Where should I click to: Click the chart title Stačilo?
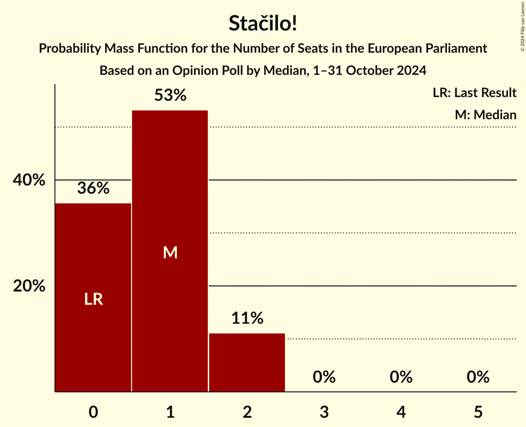[x=263, y=24]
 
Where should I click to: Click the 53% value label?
[x=170, y=96]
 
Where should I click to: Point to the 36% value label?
[x=93, y=188]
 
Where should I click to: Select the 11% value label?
[x=247, y=318]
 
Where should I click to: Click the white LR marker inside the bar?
[x=93, y=299]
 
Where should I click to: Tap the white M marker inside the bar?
[x=170, y=252]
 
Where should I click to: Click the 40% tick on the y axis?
[x=29, y=180]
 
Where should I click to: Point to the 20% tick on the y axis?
[x=29, y=287]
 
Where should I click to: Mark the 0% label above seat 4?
[x=401, y=378]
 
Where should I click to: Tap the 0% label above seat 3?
[x=324, y=378]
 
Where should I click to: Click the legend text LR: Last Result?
[x=474, y=93]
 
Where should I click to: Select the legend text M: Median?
[x=485, y=115]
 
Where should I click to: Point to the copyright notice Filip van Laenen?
[x=522, y=26]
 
